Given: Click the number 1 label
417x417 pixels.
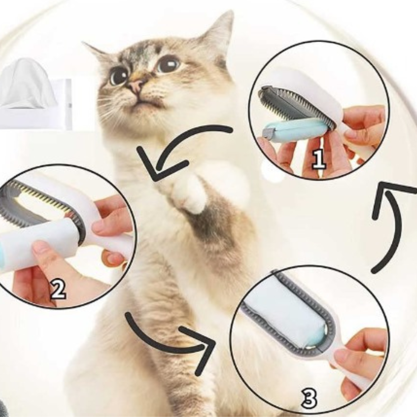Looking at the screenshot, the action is click(319, 159).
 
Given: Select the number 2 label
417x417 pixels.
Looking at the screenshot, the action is click(58, 290).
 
